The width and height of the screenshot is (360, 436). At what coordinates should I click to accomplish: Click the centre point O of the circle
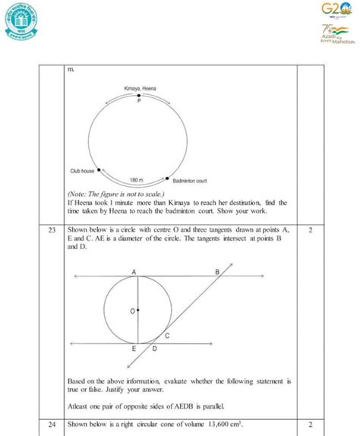tap(137, 311)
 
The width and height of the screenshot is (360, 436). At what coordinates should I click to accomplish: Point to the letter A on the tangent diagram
tap(134, 271)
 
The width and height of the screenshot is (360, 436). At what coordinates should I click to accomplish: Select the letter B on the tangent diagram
tap(217, 271)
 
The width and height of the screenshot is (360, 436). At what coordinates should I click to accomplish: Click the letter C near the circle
tap(166, 334)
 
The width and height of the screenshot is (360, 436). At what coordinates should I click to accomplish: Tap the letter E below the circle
tap(134, 349)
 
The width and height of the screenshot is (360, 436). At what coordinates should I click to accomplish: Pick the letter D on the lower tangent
tap(154, 349)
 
